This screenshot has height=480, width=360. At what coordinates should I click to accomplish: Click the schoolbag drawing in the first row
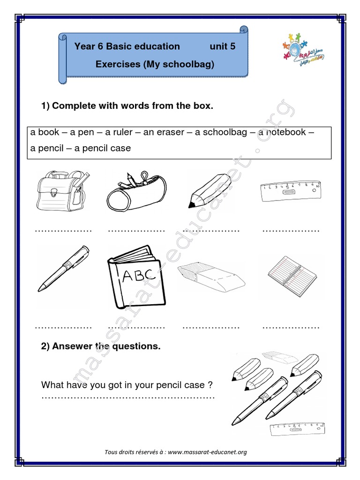click(63, 192)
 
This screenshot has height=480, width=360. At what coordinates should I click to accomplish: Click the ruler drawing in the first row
click(291, 192)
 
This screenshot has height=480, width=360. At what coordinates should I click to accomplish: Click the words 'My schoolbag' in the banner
click(187, 64)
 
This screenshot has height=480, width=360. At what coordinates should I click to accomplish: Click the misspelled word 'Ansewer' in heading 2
click(73, 347)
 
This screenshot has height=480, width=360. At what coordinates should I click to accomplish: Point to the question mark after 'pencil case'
click(210, 385)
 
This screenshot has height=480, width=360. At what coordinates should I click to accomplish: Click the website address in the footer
click(207, 452)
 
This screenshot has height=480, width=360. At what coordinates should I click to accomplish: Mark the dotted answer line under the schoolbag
click(64, 231)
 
